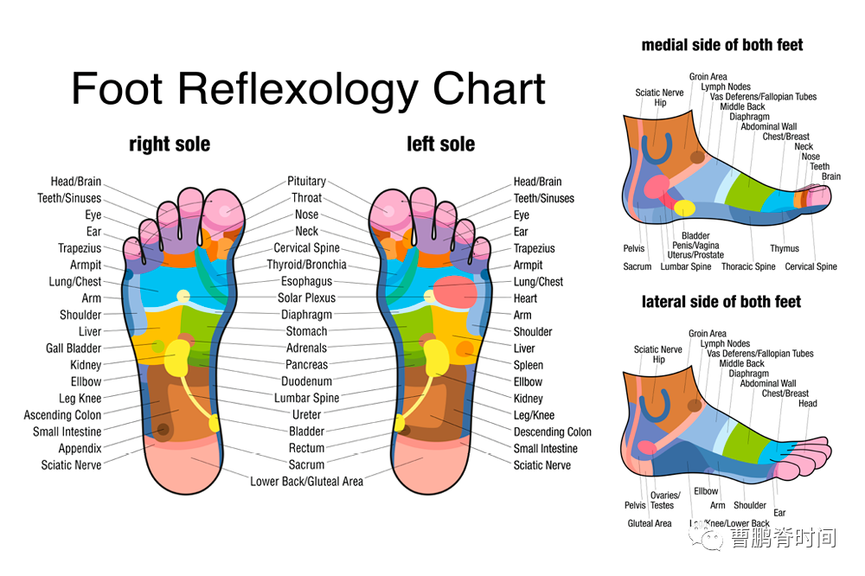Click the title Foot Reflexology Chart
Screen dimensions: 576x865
(308, 89)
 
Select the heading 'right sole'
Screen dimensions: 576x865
(170, 144)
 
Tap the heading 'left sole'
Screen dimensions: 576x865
(440, 144)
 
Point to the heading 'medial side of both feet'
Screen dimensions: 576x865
(722, 45)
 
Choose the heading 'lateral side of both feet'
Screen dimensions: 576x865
(721, 302)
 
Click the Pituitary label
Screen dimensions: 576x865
(306, 182)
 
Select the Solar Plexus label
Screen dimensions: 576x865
(307, 298)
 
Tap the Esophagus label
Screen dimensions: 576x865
(306, 282)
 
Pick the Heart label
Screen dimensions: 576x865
(526, 298)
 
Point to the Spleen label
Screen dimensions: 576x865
(528, 365)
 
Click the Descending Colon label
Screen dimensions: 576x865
(553, 432)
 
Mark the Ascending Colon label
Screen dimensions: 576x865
(62, 415)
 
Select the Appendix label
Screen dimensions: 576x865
(80, 449)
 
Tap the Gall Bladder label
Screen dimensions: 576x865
(74, 349)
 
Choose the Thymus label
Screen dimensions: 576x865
(785, 249)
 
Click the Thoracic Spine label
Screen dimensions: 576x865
(748, 267)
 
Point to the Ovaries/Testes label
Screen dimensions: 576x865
(663, 500)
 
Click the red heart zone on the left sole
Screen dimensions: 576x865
(456, 291)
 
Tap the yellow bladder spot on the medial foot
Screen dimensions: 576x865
(685, 208)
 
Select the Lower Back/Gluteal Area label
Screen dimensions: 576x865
(306, 482)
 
